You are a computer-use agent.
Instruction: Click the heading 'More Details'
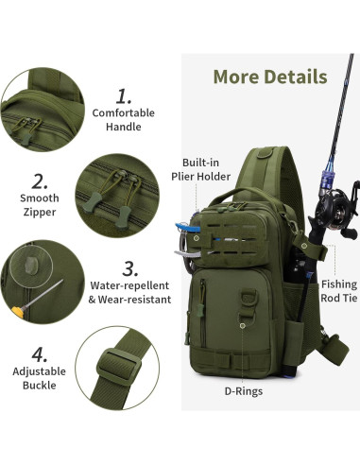click(x=269, y=77)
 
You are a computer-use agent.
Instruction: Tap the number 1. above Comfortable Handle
click(x=124, y=95)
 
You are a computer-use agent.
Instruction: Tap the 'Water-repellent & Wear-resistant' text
click(x=130, y=291)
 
